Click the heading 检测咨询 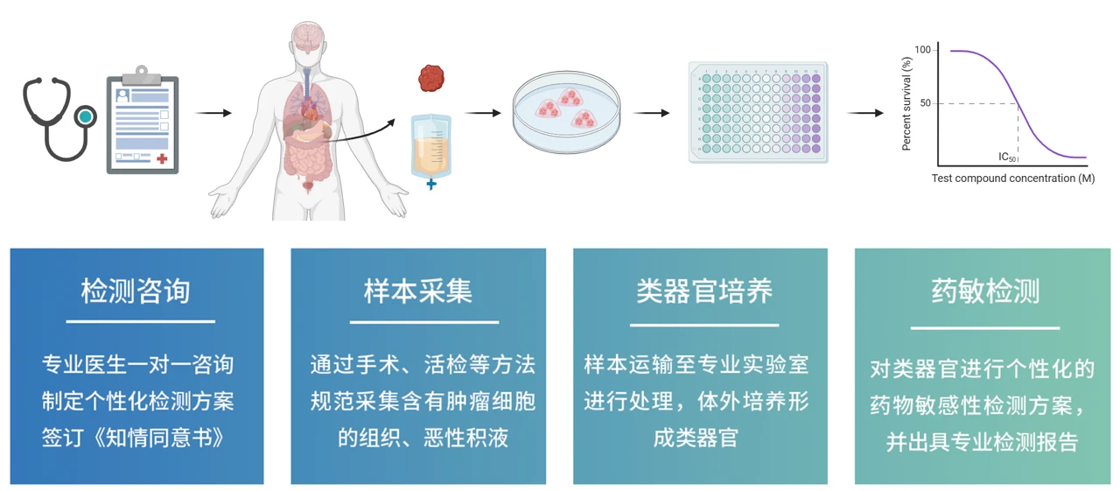click(136, 291)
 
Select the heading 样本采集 click(418, 291)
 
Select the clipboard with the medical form click(142, 121)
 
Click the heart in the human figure click(311, 111)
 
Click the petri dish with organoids click(565, 111)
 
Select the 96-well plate click(758, 112)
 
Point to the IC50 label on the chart click(1007, 158)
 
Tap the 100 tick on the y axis click(922, 50)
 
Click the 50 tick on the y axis click(925, 103)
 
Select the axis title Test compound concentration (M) click(1012, 179)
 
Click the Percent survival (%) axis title click(906, 103)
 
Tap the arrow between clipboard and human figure click(213, 113)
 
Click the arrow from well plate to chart click(865, 113)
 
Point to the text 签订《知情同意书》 click(136, 437)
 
